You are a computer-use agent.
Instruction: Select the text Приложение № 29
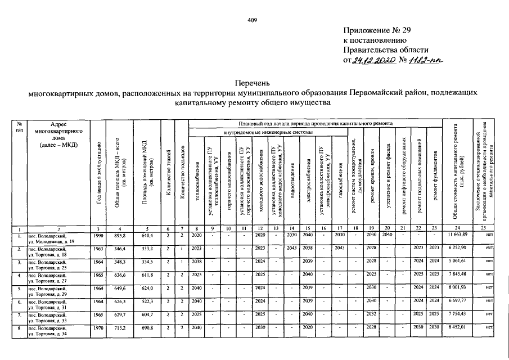377,30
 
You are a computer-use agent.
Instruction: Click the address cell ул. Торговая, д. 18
51,255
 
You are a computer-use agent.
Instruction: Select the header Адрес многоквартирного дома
58,134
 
